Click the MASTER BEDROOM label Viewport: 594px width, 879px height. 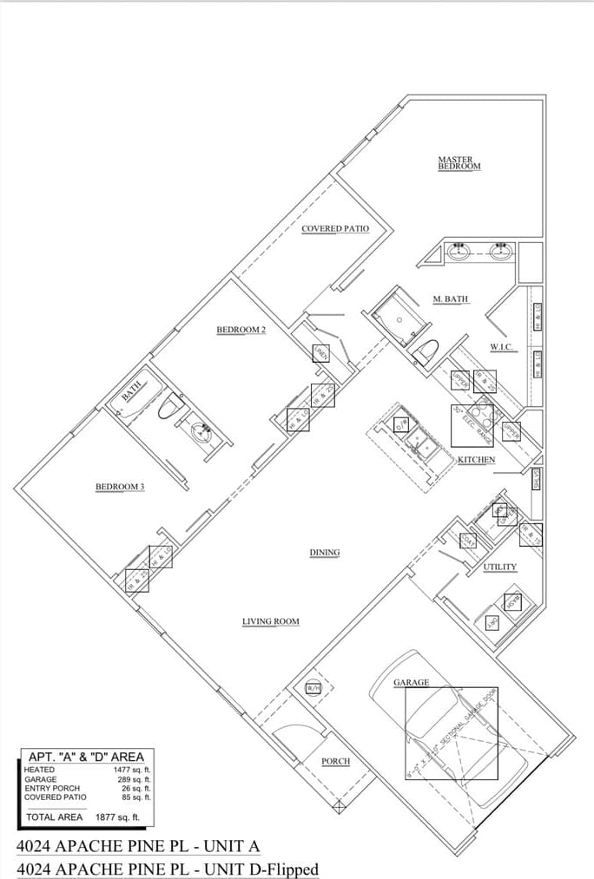click(x=459, y=163)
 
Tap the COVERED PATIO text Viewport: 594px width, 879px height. click(x=334, y=229)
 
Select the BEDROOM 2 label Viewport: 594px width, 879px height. click(x=241, y=330)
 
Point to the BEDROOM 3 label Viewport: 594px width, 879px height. click(x=119, y=487)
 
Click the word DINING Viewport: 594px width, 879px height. click(x=325, y=552)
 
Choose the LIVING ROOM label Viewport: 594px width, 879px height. click(x=270, y=621)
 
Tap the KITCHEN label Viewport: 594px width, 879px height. click(x=476, y=459)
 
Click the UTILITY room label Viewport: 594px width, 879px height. click(x=499, y=567)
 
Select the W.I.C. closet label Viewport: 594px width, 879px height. click(x=501, y=347)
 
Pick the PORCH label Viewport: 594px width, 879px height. click(x=335, y=761)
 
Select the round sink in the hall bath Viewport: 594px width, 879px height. click(x=201, y=430)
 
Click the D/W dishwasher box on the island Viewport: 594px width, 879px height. click(x=400, y=425)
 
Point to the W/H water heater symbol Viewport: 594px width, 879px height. click(x=313, y=688)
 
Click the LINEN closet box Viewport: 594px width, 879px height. click(x=320, y=352)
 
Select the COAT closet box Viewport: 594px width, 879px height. click(x=467, y=540)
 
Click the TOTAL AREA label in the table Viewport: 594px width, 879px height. click(x=55, y=817)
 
